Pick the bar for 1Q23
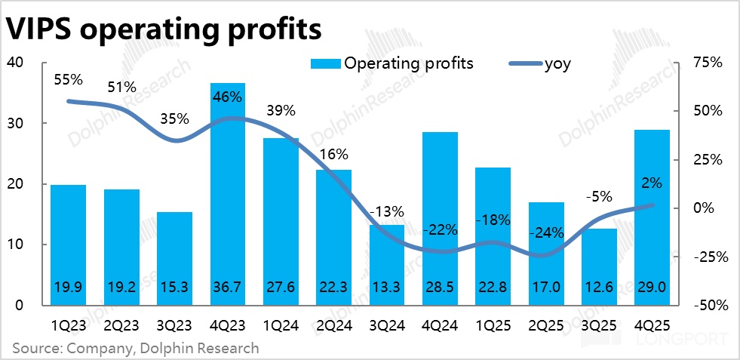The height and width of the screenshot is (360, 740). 68,245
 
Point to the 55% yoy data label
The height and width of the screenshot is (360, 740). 67,78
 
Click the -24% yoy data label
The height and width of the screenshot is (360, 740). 546,233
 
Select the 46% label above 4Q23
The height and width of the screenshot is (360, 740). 228,97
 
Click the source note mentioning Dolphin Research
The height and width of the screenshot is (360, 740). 135,348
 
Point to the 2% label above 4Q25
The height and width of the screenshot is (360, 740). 651,183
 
